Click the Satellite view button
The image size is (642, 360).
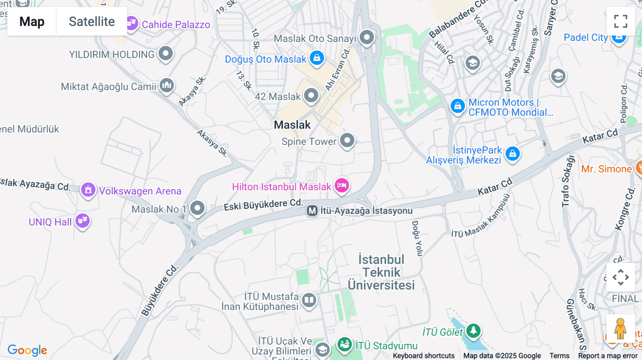click(92, 21)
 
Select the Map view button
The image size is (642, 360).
click(32, 21)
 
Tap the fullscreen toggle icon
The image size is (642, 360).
click(621, 21)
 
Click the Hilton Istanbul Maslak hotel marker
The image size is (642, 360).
click(342, 185)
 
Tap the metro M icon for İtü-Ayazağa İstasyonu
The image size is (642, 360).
click(312, 211)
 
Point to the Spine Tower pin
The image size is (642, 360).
click(347, 140)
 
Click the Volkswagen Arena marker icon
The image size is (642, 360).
click(88, 190)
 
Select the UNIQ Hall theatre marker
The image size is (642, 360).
click(82, 221)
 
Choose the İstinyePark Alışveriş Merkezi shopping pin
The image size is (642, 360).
click(513, 154)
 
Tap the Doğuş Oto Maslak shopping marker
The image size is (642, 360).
click(317, 57)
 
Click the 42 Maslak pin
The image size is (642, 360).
click(311, 96)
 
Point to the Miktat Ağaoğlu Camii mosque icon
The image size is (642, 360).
click(167, 85)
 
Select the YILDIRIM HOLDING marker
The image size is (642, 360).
click(165, 53)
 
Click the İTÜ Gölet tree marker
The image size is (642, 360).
click(473, 330)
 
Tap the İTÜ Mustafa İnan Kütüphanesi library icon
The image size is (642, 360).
click(309, 300)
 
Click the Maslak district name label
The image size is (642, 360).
click(292, 125)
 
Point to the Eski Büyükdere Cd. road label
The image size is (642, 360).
click(263, 205)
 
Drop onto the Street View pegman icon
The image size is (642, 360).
click(620, 328)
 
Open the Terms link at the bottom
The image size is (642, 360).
click(559, 356)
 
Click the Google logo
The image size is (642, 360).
click(27, 350)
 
